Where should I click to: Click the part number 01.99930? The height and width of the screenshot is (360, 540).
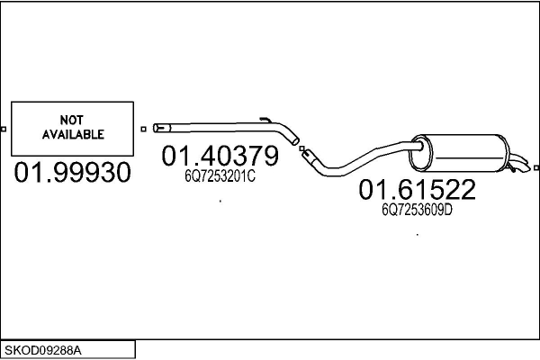tap(72, 172)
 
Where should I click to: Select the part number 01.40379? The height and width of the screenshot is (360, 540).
tap(220, 156)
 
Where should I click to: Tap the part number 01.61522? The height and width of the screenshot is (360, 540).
tap(417, 189)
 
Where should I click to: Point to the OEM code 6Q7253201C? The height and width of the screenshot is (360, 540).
tap(220, 176)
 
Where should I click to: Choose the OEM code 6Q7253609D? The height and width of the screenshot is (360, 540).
tap(417, 210)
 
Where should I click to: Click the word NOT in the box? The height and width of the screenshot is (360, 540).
tap(72, 121)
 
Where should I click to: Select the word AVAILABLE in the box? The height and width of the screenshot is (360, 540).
tap(73, 134)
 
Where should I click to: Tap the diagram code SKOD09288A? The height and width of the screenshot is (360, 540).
tap(43, 351)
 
